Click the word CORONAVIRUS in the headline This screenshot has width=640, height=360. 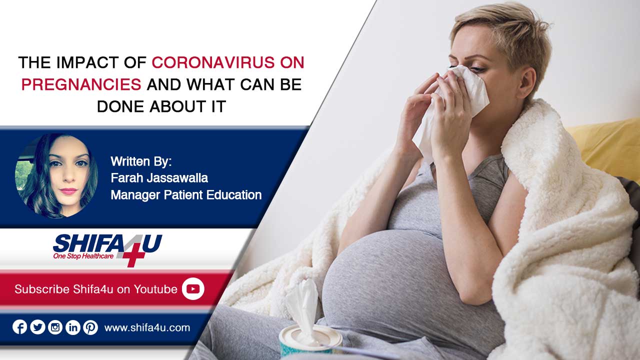coord(213,62)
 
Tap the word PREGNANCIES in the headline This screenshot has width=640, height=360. coord(81,84)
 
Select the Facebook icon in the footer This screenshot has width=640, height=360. coord(19,327)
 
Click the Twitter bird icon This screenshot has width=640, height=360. coord(37,327)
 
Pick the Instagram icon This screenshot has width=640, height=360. coord(55,327)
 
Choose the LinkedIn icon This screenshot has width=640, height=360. coord(73,327)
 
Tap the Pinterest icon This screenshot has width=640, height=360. coord(90,327)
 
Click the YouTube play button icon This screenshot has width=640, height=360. coord(193,289)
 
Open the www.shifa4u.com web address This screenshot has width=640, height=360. coord(147,327)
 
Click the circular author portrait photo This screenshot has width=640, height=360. coord(56,175)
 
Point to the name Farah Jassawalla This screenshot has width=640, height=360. coord(159,178)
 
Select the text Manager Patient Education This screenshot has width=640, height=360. coord(186,195)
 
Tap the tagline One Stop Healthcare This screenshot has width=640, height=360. coord(83,256)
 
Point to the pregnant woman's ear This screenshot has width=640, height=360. coord(527,83)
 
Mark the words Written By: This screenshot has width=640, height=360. coord(141,161)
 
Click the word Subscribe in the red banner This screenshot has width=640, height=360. coord(42,289)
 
